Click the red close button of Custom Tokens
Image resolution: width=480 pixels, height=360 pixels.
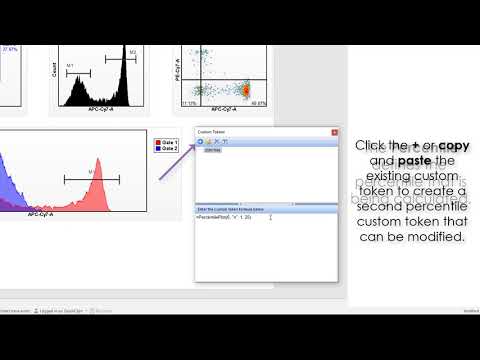pos(334,132)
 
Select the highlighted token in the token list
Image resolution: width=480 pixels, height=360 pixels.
pos(213,151)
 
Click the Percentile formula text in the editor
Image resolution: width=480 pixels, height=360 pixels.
pos(223,217)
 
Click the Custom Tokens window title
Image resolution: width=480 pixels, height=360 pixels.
pos(212,132)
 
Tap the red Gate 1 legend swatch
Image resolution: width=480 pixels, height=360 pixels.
pos(157,144)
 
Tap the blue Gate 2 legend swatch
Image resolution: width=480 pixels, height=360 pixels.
pos(157,150)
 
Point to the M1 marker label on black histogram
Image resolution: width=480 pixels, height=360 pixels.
pos(71,66)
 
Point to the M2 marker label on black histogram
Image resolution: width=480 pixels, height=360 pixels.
pos(133,49)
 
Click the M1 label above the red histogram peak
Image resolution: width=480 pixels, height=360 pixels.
pos(92,173)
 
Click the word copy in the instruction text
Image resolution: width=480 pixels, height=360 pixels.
pos(450,146)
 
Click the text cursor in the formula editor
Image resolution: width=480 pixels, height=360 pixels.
pos(270,217)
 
